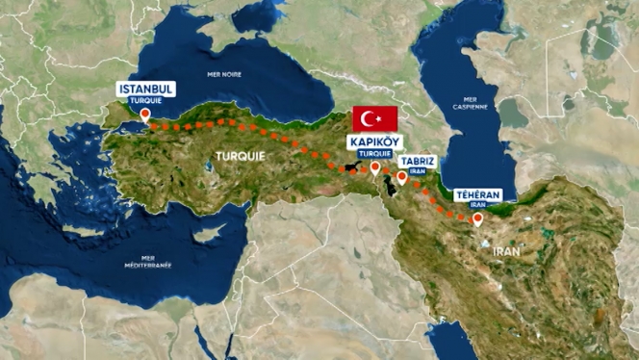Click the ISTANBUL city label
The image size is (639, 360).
145,89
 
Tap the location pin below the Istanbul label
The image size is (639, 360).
145,115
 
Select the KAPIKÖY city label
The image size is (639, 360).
374,142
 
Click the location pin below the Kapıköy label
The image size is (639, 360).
374,167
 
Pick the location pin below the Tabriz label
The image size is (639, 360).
401,177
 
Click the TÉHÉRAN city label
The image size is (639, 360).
477,194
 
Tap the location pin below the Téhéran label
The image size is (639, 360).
477,219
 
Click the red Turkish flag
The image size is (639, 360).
375,118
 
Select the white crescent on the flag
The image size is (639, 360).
371,118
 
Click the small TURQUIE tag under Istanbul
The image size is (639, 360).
145,100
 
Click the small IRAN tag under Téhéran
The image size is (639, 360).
477,205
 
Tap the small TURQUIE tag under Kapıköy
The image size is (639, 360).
374,153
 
